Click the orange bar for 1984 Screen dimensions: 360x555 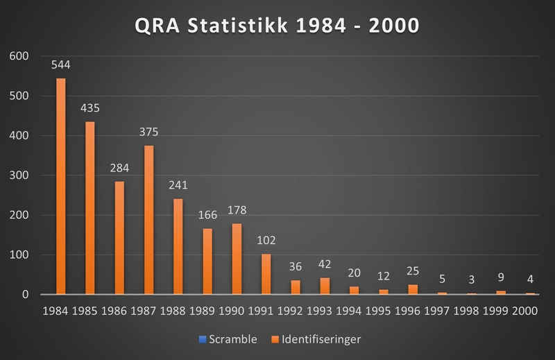click(x=60, y=186)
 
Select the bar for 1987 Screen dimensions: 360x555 click(x=148, y=220)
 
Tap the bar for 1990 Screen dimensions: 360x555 click(x=237, y=259)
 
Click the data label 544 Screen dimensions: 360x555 click(x=60, y=66)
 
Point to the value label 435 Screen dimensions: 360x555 click(x=90, y=108)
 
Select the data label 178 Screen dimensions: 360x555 click(x=237, y=210)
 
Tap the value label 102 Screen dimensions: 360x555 click(x=266, y=241)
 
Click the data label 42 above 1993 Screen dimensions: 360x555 click(x=325, y=265)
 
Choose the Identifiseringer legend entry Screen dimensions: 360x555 click(x=319, y=339)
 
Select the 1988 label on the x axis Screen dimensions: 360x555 click(x=178, y=311)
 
